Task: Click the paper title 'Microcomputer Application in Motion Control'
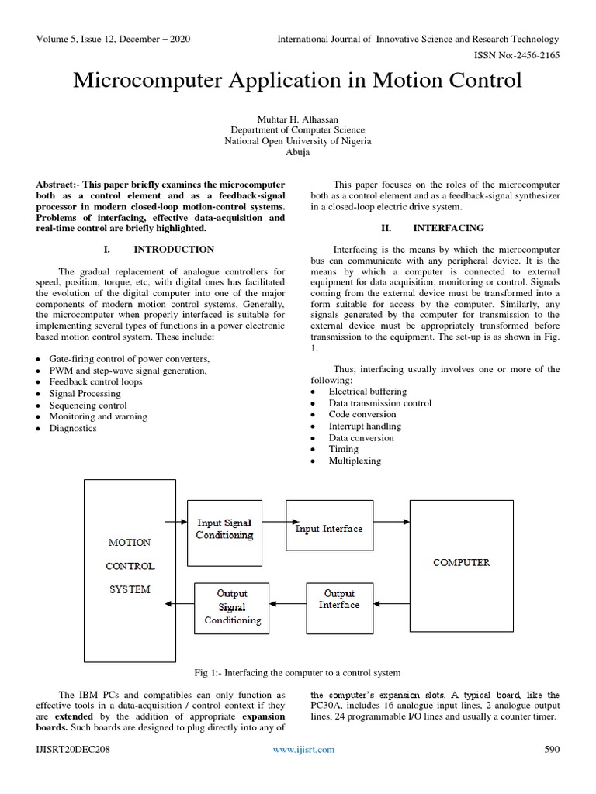coord(297,81)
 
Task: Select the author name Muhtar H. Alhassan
coord(298,119)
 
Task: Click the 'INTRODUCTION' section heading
coord(174,249)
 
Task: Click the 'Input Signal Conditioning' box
coord(224,529)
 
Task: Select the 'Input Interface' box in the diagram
coord(328,529)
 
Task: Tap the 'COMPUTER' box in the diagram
coord(461,563)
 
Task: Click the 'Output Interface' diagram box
coord(339,599)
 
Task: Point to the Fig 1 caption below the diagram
coord(297,672)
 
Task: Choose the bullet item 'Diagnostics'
coord(73,428)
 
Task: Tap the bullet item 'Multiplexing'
coord(355,461)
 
